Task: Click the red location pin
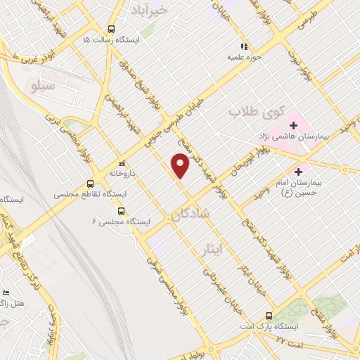click(181, 166)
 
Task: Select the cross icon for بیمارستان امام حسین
click(300, 170)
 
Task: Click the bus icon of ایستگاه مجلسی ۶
click(121, 210)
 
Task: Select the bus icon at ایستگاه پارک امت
click(268, 316)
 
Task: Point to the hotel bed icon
click(6, 292)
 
